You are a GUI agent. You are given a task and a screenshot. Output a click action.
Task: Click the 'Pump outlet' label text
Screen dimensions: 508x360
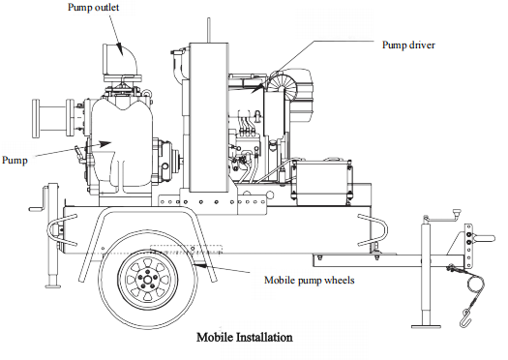coord(93,8)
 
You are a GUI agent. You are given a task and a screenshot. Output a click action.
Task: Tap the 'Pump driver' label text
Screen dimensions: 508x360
coord(408,45)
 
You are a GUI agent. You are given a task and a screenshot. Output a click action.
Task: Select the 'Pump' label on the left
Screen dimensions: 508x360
coord(15,160)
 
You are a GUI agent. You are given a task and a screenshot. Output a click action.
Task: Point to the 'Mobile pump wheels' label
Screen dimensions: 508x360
coord(309,280)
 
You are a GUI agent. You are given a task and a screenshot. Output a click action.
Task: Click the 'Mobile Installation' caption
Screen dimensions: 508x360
coord(245,338)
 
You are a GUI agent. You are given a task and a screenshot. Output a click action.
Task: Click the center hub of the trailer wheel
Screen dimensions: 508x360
coord(147,280)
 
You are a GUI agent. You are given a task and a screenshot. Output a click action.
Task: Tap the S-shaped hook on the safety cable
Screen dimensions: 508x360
coord(464,317)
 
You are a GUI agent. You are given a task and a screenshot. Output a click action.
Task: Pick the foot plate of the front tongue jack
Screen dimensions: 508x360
coord(426,326)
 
